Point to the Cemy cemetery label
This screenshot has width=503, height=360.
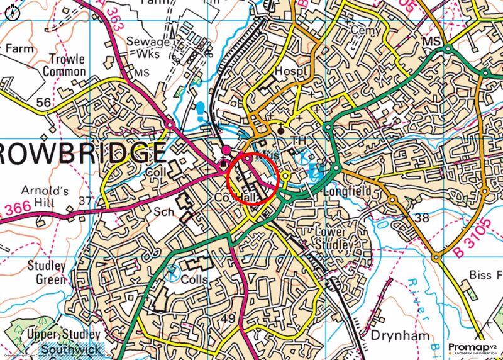(367, 30)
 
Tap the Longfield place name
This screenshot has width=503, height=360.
(348, 191)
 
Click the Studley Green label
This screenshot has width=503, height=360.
(47, 272)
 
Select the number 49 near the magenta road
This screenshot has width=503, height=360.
(228, 319)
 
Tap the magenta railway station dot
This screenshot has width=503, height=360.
(226, 150)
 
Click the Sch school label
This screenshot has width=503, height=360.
(162, 213)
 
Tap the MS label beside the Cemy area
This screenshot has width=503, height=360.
(431, 41)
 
